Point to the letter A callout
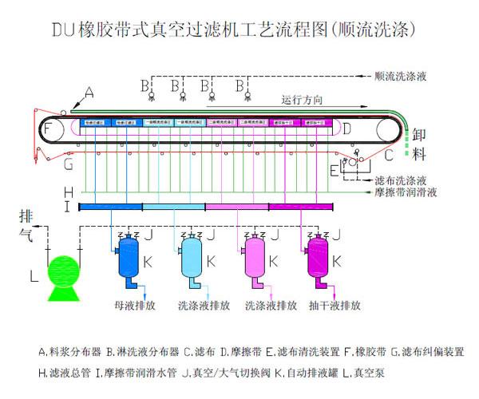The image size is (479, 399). click(x=88, y=93)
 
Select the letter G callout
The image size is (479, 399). click(x=69, y=165)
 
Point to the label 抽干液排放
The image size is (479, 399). click(x=335, y=306)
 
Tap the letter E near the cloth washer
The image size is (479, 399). click(x=333, y=170)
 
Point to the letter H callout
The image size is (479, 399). click(x=69, y=192)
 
